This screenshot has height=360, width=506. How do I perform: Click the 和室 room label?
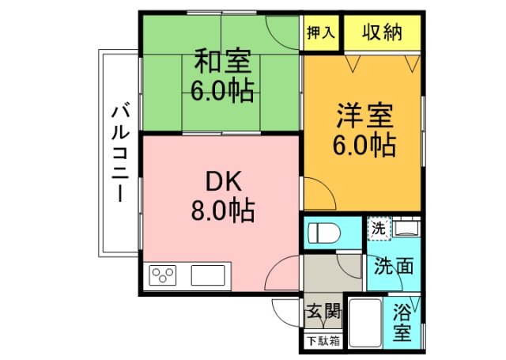[221, 60]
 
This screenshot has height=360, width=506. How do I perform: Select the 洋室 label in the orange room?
[364, 116]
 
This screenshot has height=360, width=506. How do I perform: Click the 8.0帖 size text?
[221, 210]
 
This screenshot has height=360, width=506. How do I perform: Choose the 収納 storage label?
[383, 32]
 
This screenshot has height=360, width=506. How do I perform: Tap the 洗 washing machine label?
[379, 229]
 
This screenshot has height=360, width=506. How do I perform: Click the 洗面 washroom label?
[393, 267]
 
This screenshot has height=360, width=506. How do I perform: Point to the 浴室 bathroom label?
[402, 320]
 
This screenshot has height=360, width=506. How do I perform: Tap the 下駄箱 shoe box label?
[323, 341]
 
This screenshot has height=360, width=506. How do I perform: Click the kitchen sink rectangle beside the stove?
[208, 276]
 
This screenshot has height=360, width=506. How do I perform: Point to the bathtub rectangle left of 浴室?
[364, 322]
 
